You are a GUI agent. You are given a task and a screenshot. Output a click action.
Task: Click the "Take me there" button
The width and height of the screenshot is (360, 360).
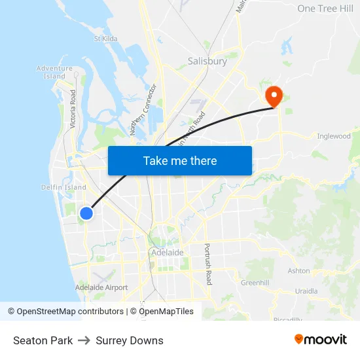179,160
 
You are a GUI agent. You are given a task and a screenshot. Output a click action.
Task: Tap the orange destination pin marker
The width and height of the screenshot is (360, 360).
273,97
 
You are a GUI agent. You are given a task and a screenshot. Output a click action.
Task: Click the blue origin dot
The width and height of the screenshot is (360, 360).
86,213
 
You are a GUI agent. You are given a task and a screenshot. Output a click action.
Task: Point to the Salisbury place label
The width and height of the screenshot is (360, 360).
207,61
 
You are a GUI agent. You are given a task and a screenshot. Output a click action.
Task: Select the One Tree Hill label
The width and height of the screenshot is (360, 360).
325,8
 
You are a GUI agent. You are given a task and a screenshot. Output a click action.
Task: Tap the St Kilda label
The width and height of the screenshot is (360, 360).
105,39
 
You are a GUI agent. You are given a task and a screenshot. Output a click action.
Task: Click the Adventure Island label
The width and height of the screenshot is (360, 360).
54,72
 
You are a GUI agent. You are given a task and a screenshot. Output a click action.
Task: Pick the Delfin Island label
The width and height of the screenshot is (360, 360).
59,187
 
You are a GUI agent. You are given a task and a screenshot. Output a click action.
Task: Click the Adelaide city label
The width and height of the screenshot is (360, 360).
167,252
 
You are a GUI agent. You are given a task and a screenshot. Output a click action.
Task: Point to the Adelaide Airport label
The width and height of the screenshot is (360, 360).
101,287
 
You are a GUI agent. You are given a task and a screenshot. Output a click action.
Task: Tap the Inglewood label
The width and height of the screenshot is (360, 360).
334,136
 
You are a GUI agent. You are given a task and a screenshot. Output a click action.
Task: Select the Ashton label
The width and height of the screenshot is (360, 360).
298,270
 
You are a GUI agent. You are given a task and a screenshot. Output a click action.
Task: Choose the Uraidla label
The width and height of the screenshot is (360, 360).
306,291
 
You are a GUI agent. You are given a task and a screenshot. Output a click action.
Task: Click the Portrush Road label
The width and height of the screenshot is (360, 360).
208,264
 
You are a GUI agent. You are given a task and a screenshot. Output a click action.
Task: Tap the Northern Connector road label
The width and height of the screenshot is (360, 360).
144,110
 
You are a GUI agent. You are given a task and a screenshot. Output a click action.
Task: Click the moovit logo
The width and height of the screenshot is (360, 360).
320,339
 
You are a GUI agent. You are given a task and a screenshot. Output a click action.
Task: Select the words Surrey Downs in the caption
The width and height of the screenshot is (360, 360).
130,340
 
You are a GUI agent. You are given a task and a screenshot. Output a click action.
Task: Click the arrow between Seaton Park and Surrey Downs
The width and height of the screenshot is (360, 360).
84,340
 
